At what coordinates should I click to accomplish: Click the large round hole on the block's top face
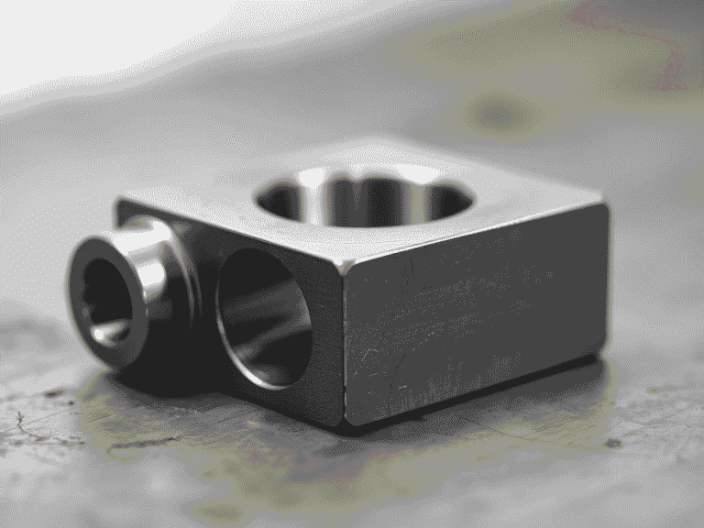(x=364, y=197)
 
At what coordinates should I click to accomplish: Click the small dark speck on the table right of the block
(x=612, y=443)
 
